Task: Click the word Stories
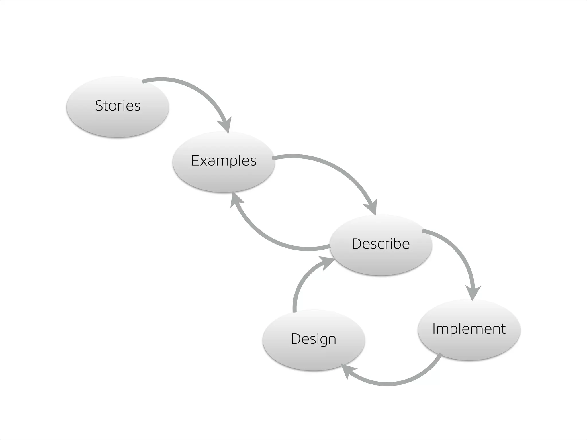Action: pos(118,106)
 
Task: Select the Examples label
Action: pos(224,161)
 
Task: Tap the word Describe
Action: pos(381,244)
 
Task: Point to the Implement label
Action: pos(469,329)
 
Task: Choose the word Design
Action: pos(314,339)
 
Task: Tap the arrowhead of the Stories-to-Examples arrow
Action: pos(225,125)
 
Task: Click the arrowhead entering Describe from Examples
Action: pos(371,207)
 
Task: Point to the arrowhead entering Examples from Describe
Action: pos(236,199)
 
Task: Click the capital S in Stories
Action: pos(99,106)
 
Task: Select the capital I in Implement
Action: pos(434,329)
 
